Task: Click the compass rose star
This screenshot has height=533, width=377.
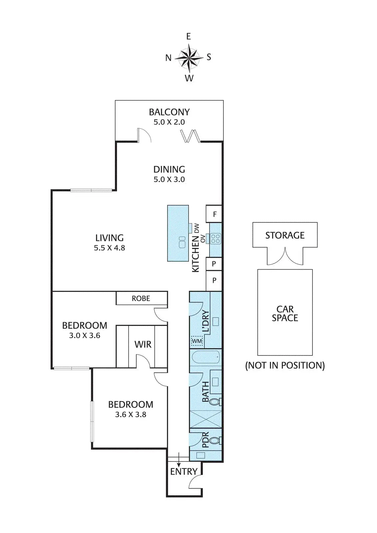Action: (189, 57)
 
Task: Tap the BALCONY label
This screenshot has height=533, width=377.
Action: (169, 112)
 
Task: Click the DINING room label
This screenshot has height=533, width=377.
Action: (169, 169)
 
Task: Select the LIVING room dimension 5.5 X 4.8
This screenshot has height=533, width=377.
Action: (109, 248)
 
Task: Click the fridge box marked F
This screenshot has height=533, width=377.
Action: (214, 214)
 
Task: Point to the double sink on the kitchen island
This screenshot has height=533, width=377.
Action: (182, 242)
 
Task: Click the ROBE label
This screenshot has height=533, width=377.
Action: (141, 298)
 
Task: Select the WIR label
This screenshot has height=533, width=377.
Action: (143, 344)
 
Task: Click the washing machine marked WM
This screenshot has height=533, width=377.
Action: (197, 341)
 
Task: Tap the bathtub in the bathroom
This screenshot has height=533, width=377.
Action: (206, 357)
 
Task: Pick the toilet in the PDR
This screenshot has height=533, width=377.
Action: (215, 441)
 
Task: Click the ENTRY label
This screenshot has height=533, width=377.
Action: (184, 472)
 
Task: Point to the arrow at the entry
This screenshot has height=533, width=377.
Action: (179, 460)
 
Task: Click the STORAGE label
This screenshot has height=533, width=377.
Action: (285, 236)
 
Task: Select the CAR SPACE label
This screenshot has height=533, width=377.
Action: (285, 313)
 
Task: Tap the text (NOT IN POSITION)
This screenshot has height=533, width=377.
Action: (285, 365)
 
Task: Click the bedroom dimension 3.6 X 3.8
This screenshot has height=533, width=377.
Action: (131, 415)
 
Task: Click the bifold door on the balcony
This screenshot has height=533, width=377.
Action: (190, 136)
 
